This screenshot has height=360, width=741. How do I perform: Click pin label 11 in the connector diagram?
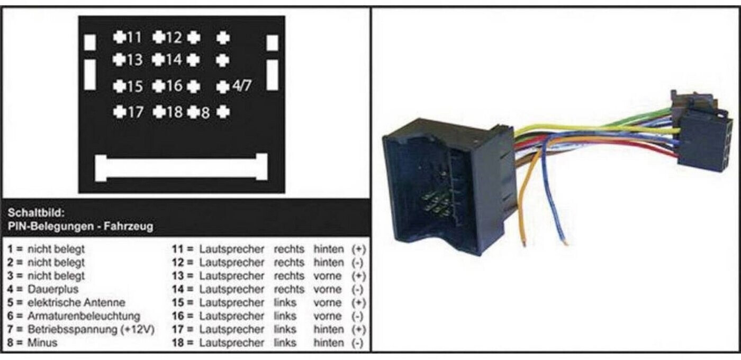(134, 37)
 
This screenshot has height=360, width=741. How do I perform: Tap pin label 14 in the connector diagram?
(174, 60)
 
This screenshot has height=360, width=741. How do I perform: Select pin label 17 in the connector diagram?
(134, 112)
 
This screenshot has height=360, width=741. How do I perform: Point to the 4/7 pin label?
(242, 86)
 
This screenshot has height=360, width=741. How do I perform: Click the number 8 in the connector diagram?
(205, 113)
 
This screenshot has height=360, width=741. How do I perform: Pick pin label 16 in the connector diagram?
(174, 86)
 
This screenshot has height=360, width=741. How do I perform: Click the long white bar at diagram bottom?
(180, 167)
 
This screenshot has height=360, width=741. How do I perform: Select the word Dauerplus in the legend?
(53, 290)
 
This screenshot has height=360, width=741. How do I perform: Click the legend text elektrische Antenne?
(77, 303)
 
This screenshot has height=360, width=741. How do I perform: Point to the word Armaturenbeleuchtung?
(84, 316)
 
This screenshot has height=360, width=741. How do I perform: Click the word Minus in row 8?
(42, 343)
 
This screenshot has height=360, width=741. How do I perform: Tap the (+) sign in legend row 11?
(358, 249)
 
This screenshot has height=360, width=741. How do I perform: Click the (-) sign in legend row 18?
(358, 343)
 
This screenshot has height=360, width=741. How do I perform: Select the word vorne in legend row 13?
(328, 276)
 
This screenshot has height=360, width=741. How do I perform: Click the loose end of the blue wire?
(565, 243)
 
